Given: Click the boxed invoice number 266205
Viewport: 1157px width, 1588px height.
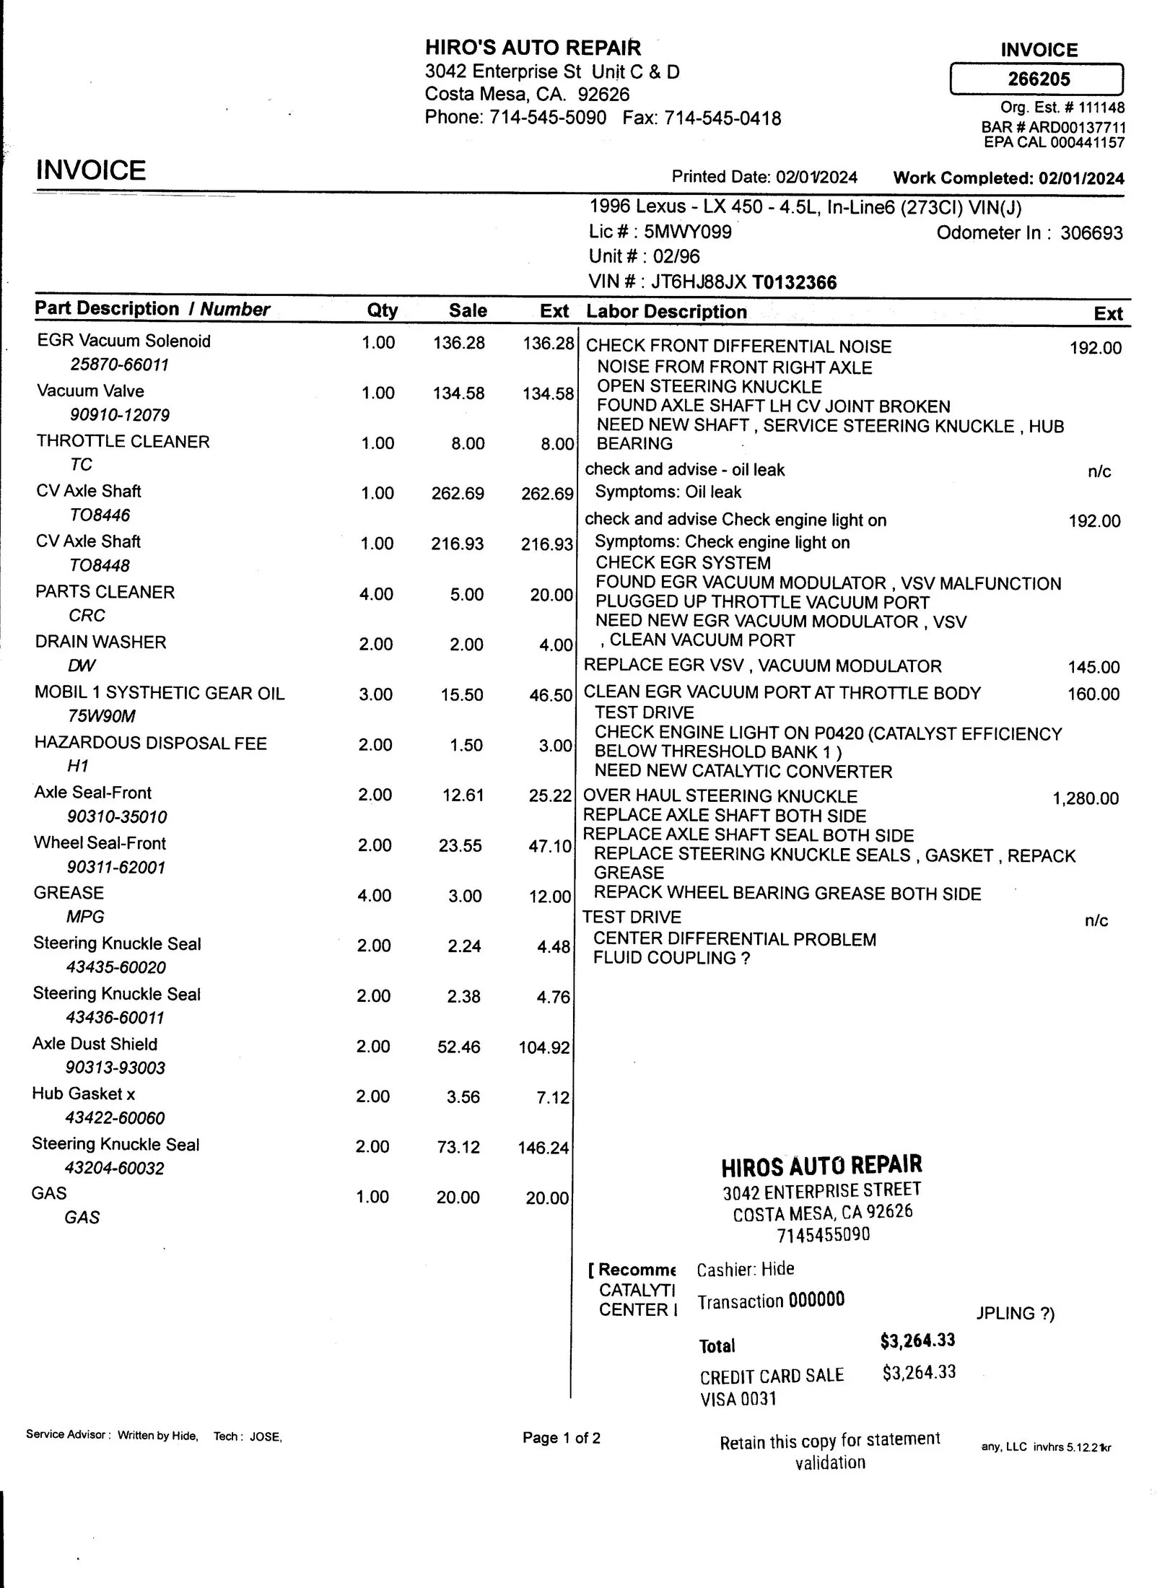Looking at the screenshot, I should click(1038, 79).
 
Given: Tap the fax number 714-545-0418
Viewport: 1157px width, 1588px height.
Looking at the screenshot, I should click(722, 118).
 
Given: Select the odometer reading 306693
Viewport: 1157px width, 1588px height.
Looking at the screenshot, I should click(1091, 233).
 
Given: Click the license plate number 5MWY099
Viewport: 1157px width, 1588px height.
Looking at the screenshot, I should click(687, 232).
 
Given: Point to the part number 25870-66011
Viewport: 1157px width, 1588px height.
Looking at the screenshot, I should click(119, 365).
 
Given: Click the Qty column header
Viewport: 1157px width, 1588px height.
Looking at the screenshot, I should click(382, 310).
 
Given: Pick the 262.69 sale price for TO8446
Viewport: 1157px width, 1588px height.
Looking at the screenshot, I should click(458, 494).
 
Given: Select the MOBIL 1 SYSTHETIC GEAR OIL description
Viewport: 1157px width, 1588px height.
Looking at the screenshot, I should click(160, 693).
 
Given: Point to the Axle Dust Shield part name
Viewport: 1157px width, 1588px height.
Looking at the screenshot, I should click(95, 1044).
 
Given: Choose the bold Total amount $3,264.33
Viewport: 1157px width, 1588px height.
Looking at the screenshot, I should click(917, 1340).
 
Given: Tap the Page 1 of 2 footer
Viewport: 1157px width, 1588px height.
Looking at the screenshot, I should click(561, 1438).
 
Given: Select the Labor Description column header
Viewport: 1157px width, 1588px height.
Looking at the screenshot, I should click(666, 312).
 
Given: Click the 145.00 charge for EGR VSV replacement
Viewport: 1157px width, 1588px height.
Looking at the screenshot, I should click(1093, 667).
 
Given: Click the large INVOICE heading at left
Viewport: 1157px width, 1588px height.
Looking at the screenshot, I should click(91, 170).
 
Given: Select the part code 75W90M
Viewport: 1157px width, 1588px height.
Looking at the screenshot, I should click(101, 716).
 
